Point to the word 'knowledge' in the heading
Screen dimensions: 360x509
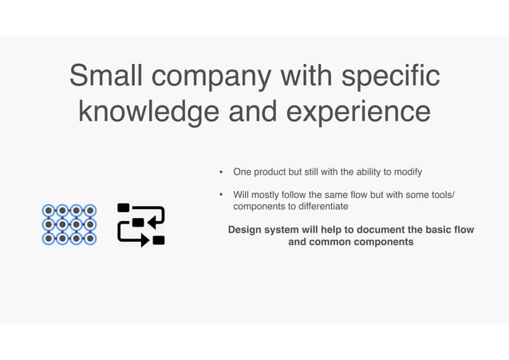pyautogui.click(x=148, y=113)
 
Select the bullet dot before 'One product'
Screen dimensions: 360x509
pyautogui.click(x=222, y=172)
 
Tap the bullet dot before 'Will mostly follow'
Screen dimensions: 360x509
pyautogui.click(x=222, y=195)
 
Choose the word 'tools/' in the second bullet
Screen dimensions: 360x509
pyautogui.click(x=440, y=195)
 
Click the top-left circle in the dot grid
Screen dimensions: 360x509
pyautogui.click(x=49, y=211)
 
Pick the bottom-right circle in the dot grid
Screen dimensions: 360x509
pyautogui.click(x=90, y=238)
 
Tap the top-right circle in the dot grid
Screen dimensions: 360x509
pyautogui.click(x=90, y=211)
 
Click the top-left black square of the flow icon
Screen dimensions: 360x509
pyautogui.click(x=124, y=208)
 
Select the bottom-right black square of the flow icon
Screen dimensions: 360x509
pyautogui.click(x=159, y=239)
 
